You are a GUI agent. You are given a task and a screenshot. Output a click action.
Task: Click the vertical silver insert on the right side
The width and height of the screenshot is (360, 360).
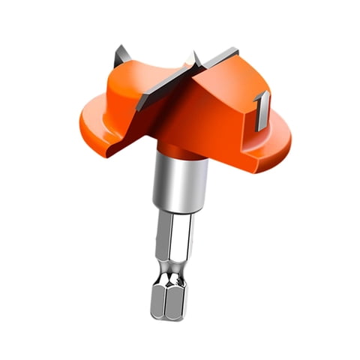262,110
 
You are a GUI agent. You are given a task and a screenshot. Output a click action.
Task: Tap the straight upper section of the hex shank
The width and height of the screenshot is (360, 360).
178,240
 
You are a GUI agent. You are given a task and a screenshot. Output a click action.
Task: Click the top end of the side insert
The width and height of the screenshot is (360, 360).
260,94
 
